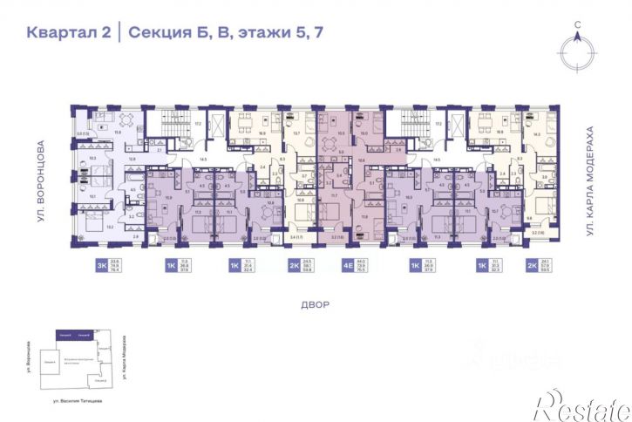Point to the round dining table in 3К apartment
126,119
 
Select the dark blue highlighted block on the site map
73,334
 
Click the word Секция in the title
160,35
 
